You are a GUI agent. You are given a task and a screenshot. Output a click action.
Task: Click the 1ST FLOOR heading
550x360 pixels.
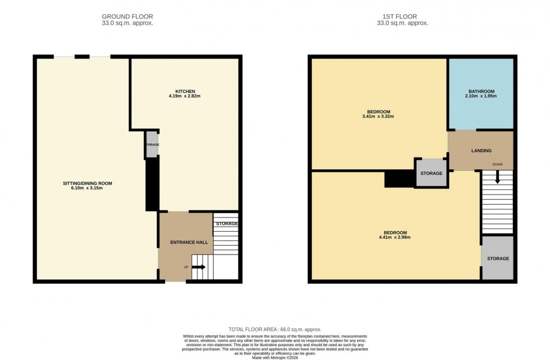click(402, 17)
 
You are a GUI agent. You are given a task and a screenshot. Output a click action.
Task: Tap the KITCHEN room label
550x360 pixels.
click(185, 91)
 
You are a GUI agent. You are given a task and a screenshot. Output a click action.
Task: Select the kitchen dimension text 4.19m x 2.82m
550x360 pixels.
click(185, 96)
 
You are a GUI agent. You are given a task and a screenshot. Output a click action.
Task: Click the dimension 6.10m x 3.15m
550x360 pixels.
click(83, 188)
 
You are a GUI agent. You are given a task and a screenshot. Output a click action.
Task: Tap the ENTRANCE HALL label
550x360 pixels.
click(189, 242)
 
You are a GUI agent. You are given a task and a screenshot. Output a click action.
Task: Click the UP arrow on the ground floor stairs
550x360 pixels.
click(199, 267)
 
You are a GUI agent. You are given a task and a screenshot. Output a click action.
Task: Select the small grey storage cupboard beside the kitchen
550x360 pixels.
click(152, 145)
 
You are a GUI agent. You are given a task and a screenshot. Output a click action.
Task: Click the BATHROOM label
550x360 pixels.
click(482, 91)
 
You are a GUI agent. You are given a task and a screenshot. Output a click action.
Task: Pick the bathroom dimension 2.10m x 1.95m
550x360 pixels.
click(482, 96)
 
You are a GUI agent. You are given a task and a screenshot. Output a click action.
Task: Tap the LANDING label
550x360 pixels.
click(481, 150)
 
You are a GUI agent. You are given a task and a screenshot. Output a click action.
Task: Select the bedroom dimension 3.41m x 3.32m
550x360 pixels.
click(377, 117)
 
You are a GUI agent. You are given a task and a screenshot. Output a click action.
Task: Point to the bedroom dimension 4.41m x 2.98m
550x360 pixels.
click(395, 238)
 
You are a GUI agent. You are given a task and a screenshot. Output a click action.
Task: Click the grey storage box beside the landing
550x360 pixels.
click(431, 173)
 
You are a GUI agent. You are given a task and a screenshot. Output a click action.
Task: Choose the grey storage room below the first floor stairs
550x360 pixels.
click(498, 259)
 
